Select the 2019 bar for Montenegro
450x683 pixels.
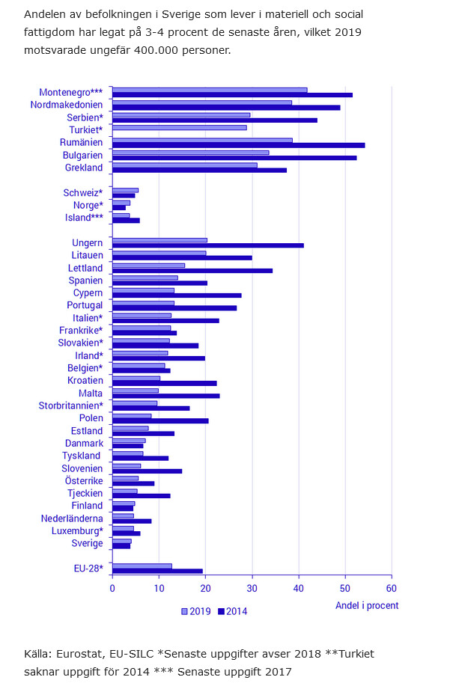(x=210, y=90)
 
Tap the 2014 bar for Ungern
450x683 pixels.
(x=207, y=245)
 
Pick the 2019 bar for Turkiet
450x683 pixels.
(x=179, y=127)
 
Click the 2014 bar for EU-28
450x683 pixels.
(x=157, y=571)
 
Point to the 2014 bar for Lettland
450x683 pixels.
(x=192, y=270)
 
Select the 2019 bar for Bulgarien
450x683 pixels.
(x=190, y=153)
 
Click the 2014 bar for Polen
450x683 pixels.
(x=160, y=420)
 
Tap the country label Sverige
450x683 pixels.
(x=87, y=543)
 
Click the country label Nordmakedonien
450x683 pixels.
(x=66, y=105)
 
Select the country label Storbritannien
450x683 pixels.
(x=70, y=405)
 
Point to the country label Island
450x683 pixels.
(x=82, y=218)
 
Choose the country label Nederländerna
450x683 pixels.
(x=72, y=518)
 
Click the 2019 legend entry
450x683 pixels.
(x=196, y=611)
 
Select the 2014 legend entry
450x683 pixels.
(x=231, y=611)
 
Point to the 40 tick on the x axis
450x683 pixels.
(x=299, y=589)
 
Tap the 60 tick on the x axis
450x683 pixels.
(x=392, y=589)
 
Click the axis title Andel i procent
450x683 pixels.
(x=367, y=605)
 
